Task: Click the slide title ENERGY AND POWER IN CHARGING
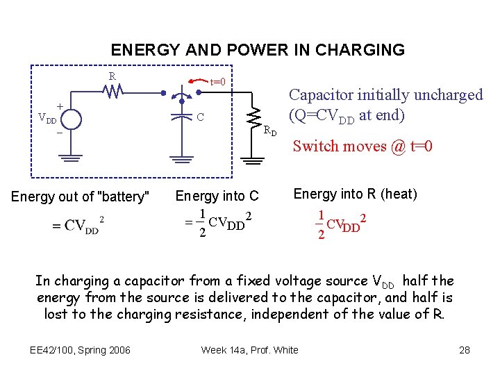pyautogui.click(x=258, y=50)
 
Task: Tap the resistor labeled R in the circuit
pyautogui.click(x=112, y=90)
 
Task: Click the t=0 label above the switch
pyautogui.click(x=218, y=82)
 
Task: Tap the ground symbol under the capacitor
pyautogui.click(x=182, y=160)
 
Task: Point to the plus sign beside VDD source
pyautogui.click(x=60, y=106)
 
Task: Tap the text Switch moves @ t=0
pyautogui.click(x=362, y=146)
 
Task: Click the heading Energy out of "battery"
pyautogui.click(x=81, y=197)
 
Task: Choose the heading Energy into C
pyautogui.click(x=217, y=197)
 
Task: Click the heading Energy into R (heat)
pyautogui.click(x=355, y=194)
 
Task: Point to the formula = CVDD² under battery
pyautogui.click(x=78, y=225)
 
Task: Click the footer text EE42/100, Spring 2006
pyautogui.click(x=81, y=349)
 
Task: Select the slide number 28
pyautogui.click(x=465, y=349)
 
